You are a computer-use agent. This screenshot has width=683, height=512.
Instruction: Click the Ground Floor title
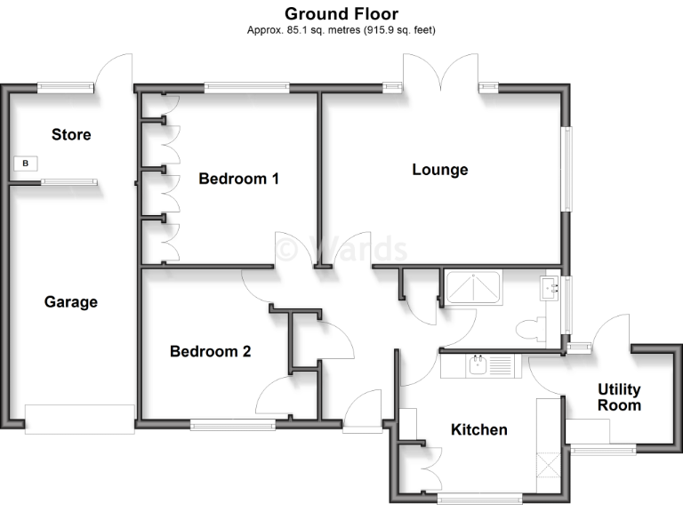[x=341, y=13]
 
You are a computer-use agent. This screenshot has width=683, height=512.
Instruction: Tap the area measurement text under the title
[x=341, y=30]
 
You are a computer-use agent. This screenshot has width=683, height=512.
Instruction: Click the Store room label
[x=71, y=135]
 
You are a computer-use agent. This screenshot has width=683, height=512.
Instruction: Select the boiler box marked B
[x=26, y=164]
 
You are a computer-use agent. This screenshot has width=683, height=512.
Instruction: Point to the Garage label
[x=71, y=302]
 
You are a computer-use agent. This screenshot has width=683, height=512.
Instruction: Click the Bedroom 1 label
[x=238, y=179]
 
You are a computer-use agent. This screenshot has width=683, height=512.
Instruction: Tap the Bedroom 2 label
[x=210, y=351]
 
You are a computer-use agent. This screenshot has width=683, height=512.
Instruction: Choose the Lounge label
[x=439, y=170]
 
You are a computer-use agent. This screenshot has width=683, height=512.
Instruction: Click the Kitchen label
[x=479, y=430]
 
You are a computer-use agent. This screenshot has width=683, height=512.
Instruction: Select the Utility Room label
[x=619, y=397]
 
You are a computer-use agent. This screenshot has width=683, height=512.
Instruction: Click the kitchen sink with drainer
[x=488, y=364]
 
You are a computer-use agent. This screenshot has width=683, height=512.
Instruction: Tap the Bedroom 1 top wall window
[x=246, y=87]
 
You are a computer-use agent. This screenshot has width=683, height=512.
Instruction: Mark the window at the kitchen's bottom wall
[x=480, y=498]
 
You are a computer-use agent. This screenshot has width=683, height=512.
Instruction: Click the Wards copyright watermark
[x=341, y=250]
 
